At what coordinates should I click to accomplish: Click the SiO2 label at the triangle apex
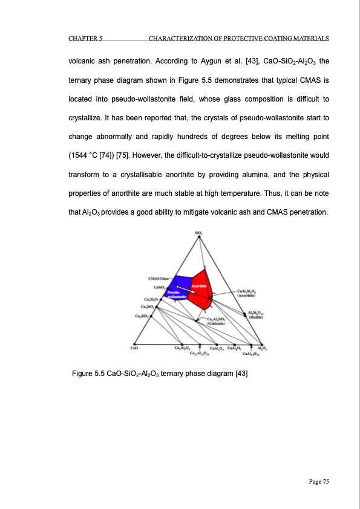(199, 232)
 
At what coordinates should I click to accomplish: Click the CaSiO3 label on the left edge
(160, 286)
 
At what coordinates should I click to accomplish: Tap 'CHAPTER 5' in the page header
(85, 39)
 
